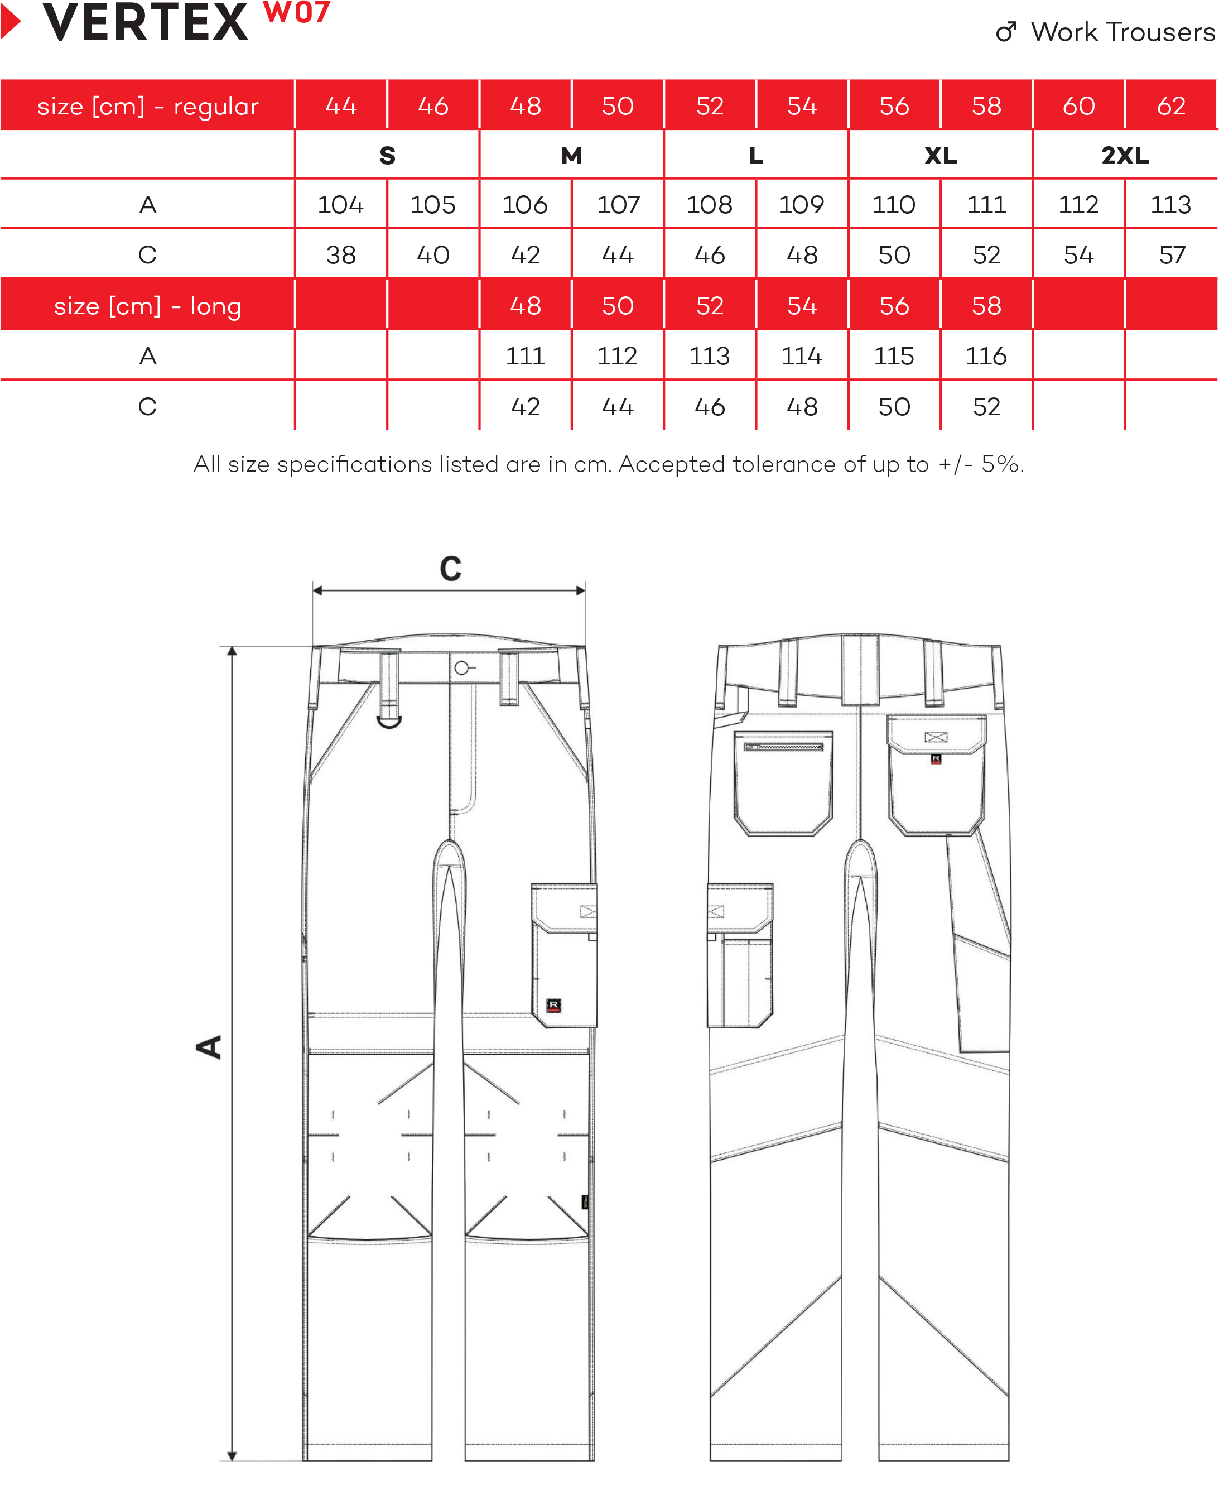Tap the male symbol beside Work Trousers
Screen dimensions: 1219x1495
click(1007, 32)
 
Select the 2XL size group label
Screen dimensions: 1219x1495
click(1124, 155)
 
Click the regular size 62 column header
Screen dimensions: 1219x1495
click(1170, 106)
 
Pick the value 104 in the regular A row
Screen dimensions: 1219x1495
click(340, 205)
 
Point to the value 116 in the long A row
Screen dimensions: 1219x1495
click(986, 357)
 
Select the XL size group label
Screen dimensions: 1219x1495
click(940, 155)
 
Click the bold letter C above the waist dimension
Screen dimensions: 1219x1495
click(451, 569)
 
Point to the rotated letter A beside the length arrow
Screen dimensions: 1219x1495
click(209, 1046)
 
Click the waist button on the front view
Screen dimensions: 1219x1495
click(461, 668)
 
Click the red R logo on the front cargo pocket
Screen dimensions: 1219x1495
click(553, 1006)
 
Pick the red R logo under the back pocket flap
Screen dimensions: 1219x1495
click(936, 759)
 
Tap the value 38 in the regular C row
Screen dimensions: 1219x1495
click(340, 255)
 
